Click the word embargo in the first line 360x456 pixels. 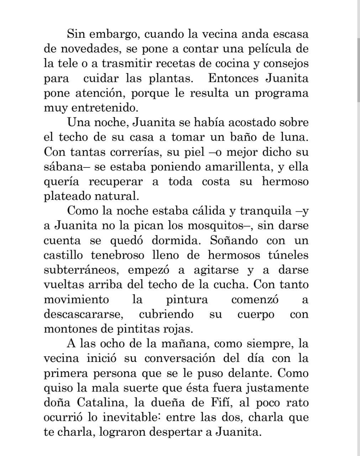click(110, 35)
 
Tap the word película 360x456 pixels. click(273, 49)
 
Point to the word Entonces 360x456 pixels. click(234, 78)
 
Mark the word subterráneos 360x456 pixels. click(80, 270)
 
